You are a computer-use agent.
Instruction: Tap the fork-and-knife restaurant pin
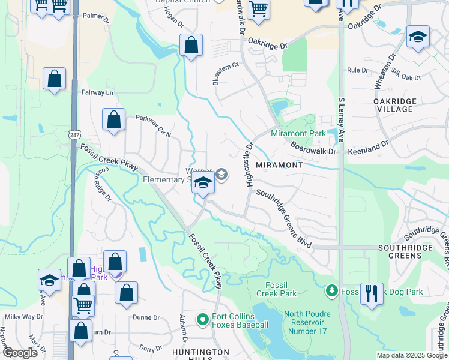372,293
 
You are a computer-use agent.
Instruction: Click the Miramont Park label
298,133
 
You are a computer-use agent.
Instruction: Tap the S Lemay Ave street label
340,120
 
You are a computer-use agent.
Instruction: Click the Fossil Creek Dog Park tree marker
331,292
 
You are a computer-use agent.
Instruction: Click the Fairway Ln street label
97,93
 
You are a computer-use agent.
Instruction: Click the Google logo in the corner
19,353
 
